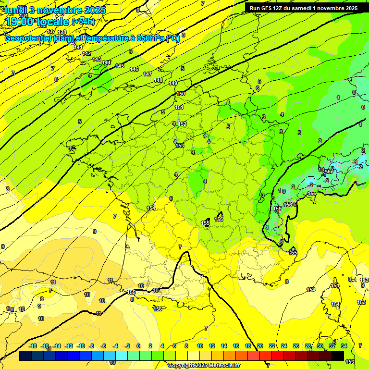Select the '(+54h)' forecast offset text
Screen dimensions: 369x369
[83, 21]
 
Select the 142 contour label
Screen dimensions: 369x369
[86, 53]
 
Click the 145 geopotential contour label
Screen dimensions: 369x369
[120, 66]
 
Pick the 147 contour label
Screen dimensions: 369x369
[148, 74]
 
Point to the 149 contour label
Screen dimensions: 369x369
[173, 83]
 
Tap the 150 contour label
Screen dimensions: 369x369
[181, 94]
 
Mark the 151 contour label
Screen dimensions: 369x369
[179, 107]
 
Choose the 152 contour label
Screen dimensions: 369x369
[182, 124]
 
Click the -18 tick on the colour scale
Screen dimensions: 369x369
[33, 346]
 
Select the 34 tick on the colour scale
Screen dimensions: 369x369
[344, 346]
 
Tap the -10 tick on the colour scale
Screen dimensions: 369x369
[81, 346]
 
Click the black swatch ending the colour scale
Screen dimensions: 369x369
[338, 356]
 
